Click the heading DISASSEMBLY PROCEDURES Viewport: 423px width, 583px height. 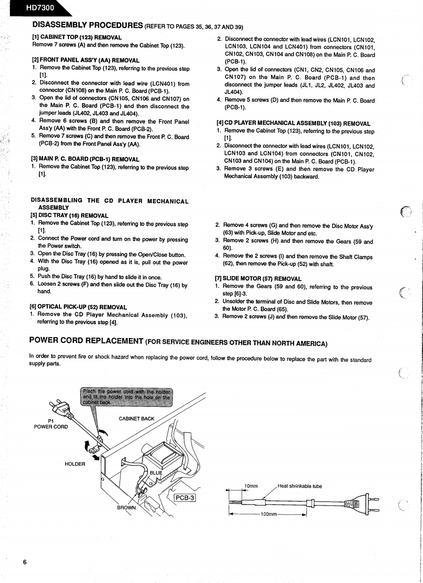click(x=87, y=25)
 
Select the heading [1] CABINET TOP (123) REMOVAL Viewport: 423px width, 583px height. click(x=77, y=37)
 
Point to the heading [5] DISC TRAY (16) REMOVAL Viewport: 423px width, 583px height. click(x=70, y=216)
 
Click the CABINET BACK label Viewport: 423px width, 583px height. click(x=137, y=418)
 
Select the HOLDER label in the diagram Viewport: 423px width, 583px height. click(x=75, y=464)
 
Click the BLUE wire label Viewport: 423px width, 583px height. click(x=156, y=473)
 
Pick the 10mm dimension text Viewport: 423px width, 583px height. click(x=251, y=486)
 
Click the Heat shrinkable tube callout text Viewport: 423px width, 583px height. click(x=300, y=486)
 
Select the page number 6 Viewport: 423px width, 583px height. click(x=24, y=562)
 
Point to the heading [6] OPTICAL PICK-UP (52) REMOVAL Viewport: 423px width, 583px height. click(x=78, y=307)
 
